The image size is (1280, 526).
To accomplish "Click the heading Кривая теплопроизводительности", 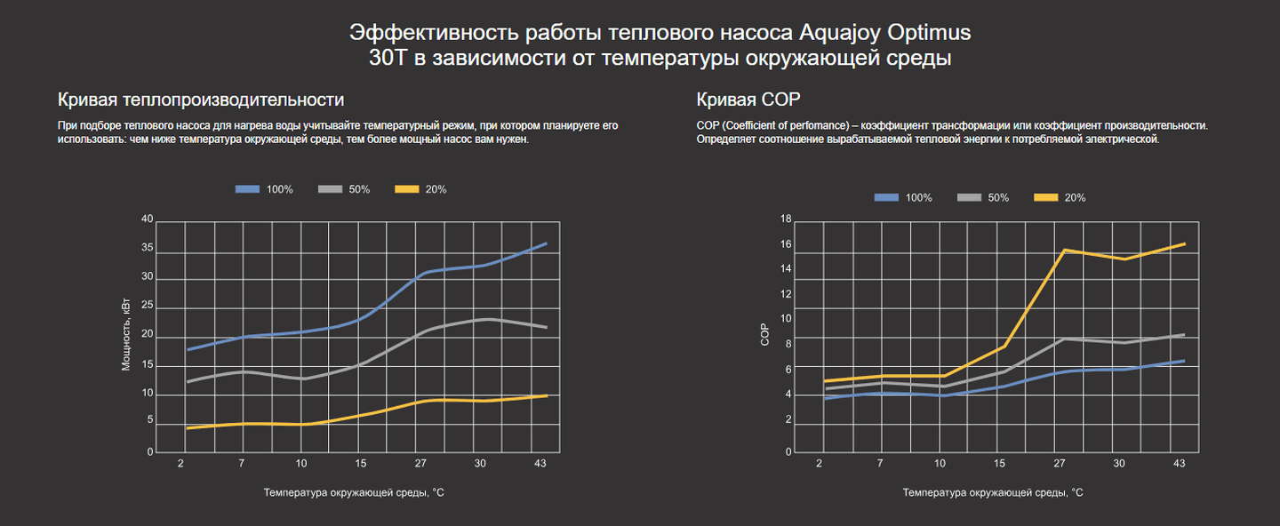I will tap(200, 99).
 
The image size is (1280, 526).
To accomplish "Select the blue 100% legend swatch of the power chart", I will tap(247, 189).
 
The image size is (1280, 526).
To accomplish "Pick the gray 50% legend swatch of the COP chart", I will tap(969, 197).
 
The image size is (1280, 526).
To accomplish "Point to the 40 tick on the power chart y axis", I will tap(148, 219).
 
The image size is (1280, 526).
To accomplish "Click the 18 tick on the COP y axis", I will tap(786, 219).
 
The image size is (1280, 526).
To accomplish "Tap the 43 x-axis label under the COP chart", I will tap(1180, 464).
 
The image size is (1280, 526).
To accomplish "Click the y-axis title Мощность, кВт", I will tap(126, 335).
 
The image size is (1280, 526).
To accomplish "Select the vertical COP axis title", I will tap(764, 335).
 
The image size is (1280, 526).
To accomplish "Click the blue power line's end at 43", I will tap(546, 243).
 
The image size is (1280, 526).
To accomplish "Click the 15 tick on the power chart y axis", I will tap(148, 365).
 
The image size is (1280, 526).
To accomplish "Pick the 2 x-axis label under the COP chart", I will tap(819, 464).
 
